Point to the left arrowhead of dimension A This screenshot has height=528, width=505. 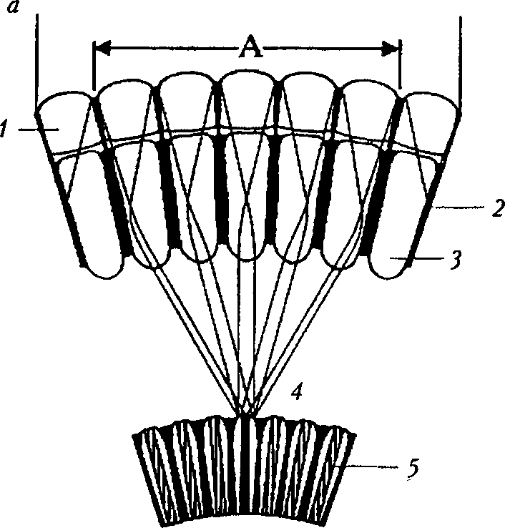tap(100, 49)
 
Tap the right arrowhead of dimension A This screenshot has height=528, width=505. tap(393, 49)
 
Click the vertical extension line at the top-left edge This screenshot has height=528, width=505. tap(34, 57)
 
